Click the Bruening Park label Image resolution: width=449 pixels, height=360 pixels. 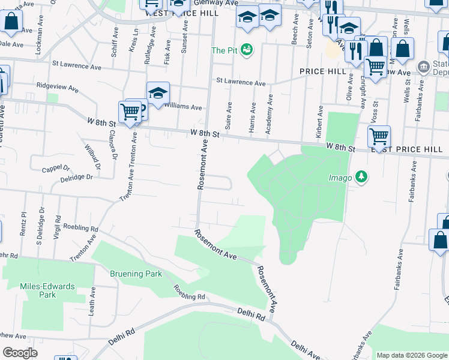[x=136, y=274]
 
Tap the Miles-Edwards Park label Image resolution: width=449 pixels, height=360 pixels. [x=47, y=290]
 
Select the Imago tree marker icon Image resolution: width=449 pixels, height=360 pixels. [x=361, y=177]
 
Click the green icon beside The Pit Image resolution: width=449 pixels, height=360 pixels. [x=247, y=49]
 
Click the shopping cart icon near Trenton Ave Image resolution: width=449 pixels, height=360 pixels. [x=130, y=111]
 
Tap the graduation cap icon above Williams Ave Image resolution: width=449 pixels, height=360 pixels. [x=158, y=93]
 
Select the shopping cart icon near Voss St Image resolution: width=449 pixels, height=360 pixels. [x=379, y=137]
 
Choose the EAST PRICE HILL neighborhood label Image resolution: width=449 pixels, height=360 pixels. [x=409, y=149]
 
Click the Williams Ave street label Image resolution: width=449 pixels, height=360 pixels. [x=183, y=107]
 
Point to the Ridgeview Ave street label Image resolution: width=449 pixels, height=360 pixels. [x=58, y=88]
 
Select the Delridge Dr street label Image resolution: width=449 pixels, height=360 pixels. [x=76, y=178]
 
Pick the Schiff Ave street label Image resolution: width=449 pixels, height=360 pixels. [x=115, y=46]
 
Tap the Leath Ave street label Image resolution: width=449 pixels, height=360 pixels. [x=92, y=301]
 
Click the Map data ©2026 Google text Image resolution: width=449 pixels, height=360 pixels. [x=411, y=355]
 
